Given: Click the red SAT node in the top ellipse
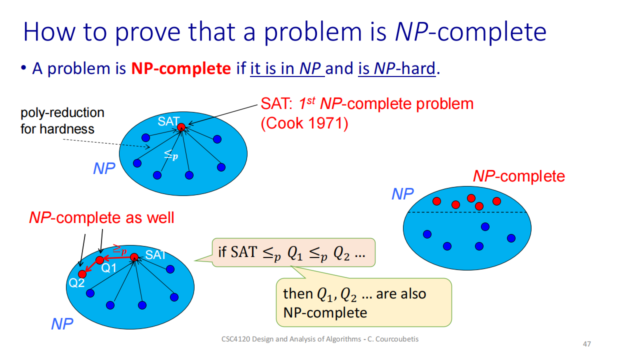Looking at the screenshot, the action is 181,127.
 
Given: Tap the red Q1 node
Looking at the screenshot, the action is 99,260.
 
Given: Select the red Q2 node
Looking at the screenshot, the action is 82,274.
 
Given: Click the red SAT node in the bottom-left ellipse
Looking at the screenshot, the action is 134,257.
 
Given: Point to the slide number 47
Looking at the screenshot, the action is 587,344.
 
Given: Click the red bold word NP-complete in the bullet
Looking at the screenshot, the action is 181,68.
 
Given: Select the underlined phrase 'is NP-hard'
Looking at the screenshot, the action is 397,68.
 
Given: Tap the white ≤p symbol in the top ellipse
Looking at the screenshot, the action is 171,155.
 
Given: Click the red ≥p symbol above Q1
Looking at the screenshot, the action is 119,249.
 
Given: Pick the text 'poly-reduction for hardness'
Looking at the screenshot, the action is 62,121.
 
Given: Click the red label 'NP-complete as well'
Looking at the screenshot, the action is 101,217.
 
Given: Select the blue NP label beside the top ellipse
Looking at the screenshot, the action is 104,168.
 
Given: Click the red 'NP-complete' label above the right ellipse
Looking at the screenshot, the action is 519,176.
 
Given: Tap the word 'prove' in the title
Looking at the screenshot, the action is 147,32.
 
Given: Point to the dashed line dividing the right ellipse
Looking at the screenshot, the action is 467,212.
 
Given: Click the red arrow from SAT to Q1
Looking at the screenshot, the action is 116,257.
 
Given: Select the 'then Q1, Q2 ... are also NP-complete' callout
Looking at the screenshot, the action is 363,302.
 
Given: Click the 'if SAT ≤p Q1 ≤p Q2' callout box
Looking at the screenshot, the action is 293,252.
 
